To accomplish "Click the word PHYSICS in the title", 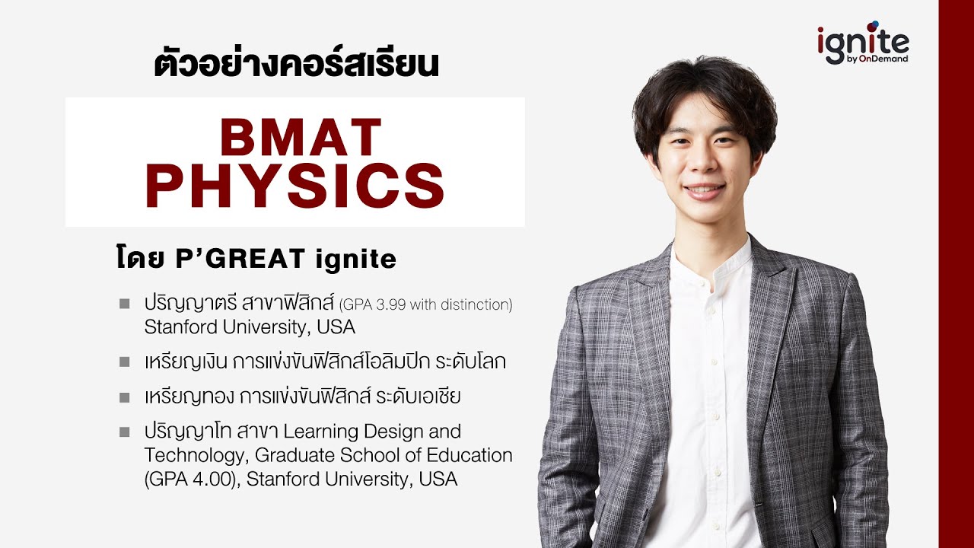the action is click(294, 188).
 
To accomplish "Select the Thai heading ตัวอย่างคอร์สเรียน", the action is click(297, 65).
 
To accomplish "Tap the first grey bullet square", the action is click(124, 304).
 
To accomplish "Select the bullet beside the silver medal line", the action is click(124, 362).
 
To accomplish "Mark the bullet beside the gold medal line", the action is click(124, 397).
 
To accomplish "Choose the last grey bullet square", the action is click(124, 432).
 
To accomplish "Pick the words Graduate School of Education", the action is click(384, 455).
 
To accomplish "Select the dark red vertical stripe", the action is click(956, 274).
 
